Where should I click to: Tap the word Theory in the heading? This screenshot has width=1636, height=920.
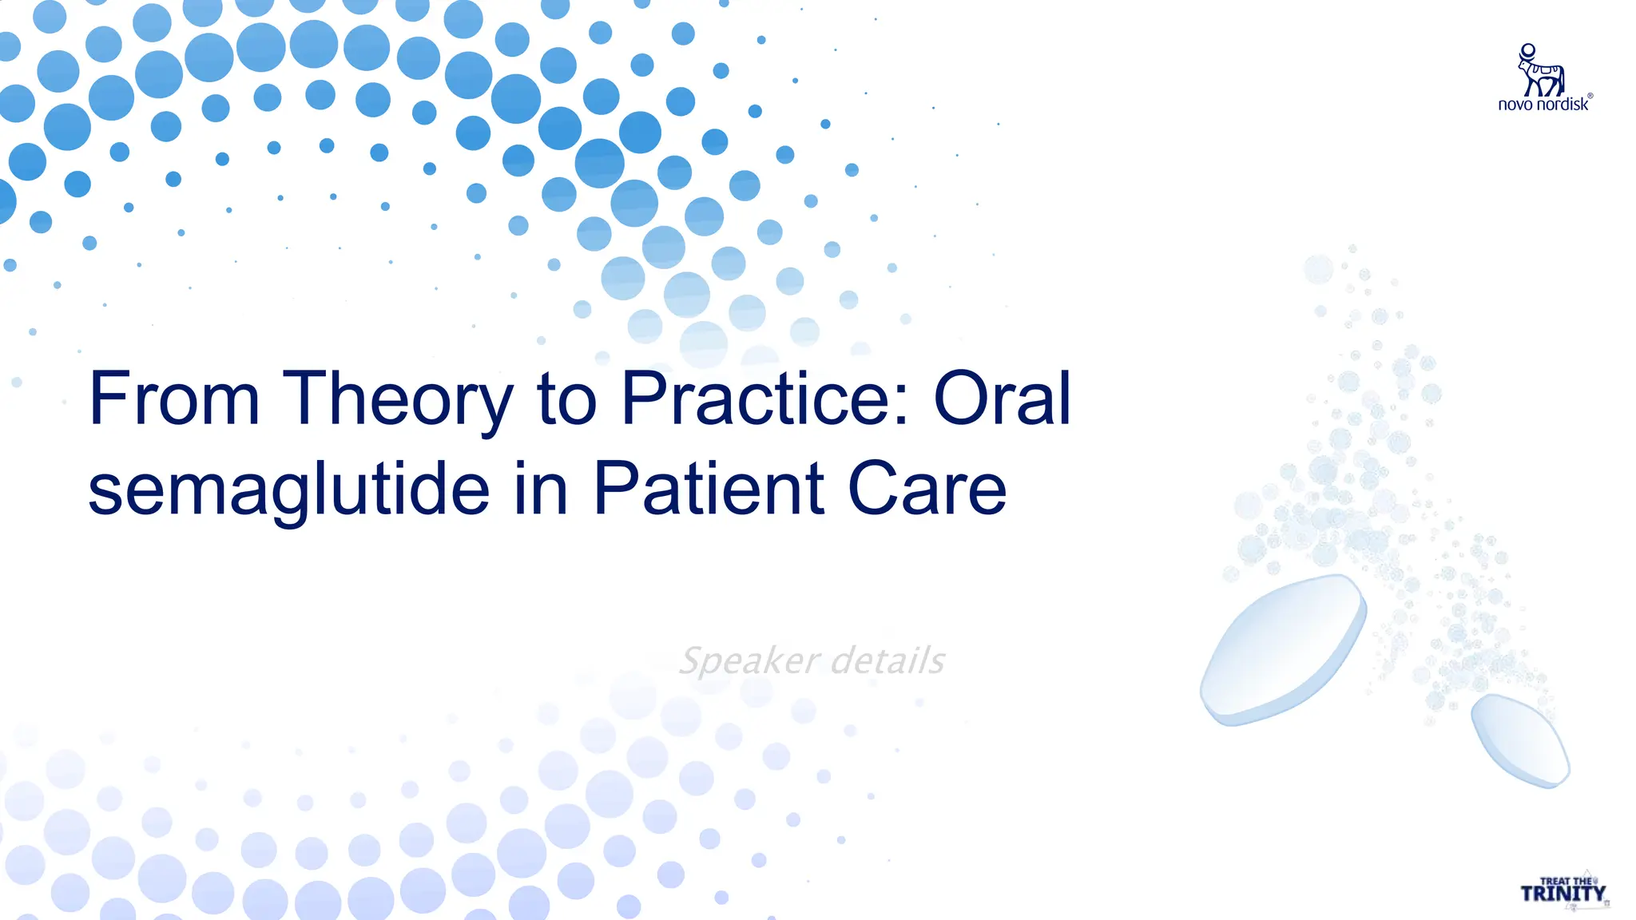(397, 399)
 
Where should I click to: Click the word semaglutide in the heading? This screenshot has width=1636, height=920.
(288, 490)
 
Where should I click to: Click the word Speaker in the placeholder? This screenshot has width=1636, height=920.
(749, 661)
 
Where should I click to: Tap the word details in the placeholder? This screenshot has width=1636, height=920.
(887, 660)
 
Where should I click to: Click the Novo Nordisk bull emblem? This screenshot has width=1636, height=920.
(1539, 70)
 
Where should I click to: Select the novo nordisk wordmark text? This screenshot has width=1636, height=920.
(1543, 105)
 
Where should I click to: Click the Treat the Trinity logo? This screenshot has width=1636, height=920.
(1563, 890)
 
